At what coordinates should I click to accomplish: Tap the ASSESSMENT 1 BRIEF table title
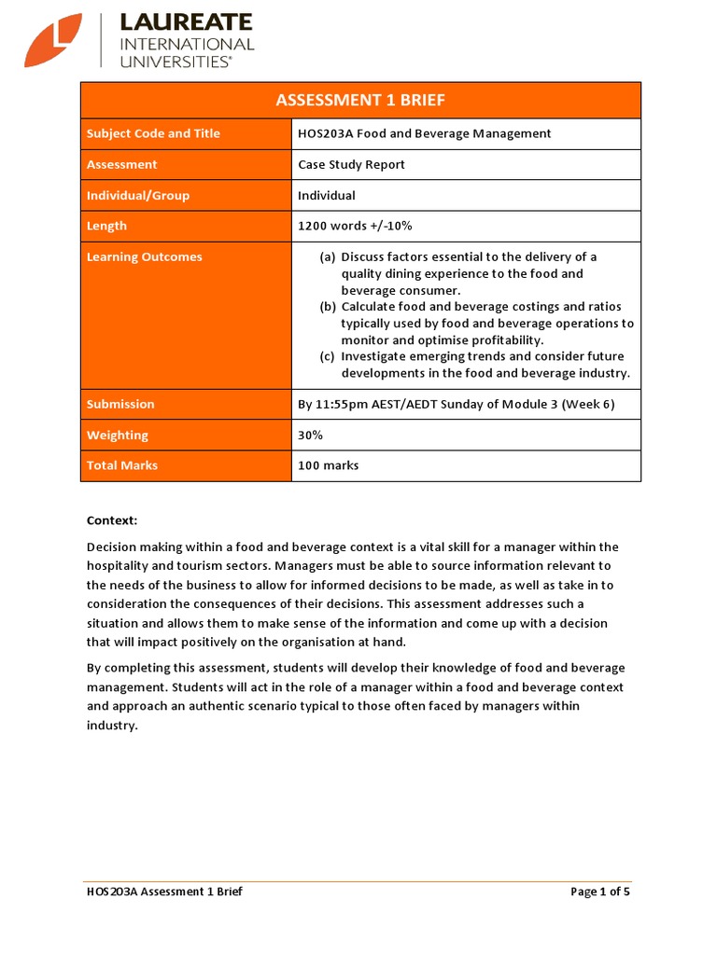coord(360,101)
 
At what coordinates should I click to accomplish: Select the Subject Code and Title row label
coord(153,133)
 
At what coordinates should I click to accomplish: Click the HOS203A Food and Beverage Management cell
coord(424,133)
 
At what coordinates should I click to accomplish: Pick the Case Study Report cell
coord(351,164)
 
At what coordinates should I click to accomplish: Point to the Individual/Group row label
coord(138,195)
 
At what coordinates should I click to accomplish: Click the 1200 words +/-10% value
coord(355,226)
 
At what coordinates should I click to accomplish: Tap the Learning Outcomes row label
coord(144,256)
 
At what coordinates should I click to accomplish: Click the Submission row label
coord(120,404)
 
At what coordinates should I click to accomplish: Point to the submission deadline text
coord(457,404)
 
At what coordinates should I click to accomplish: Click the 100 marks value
coord(328,465)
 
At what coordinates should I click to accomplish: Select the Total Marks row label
coord(122,465)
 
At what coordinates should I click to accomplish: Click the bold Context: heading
coord(111,520)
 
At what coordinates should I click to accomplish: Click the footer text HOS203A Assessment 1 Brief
coord(164,892)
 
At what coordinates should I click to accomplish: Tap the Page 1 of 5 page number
coord(600,892)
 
